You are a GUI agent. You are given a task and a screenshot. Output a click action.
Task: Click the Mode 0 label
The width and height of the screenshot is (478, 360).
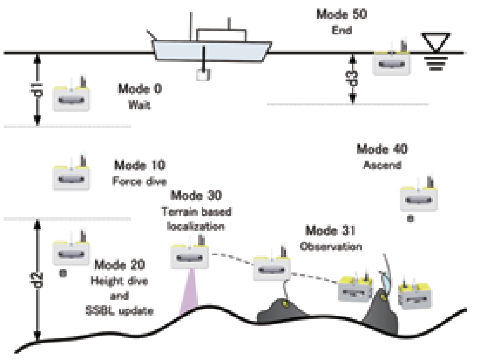tap(140, 89)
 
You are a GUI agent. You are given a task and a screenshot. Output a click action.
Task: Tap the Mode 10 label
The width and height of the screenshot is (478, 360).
tap(140, 166)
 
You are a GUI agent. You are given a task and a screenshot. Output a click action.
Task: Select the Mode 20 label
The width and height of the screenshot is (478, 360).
tap(119, 265)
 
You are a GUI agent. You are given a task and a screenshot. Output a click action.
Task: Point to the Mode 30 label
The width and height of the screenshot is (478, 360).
tap(196, 195)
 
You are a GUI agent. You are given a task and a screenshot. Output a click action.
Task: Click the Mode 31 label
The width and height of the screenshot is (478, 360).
tap(330, 230)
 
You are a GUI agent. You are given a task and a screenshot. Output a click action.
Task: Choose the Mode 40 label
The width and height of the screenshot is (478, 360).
tap(382, 149)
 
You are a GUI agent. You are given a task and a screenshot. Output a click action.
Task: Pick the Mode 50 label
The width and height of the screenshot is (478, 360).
tap(342, 14)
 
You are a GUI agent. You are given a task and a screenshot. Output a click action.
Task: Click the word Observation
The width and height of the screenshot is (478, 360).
tap(331, 247)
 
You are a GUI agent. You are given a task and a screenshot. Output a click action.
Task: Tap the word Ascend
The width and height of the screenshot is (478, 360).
tap(382, 165)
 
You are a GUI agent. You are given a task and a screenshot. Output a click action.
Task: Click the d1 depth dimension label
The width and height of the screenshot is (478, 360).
tap(38, 90)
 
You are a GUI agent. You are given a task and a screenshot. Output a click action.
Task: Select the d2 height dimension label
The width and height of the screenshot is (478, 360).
tap(38, 280)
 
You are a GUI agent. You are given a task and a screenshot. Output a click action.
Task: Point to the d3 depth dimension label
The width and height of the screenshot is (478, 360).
tap(353, 78)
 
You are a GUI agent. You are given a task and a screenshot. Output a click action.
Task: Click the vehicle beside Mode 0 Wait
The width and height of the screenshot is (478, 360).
tap(72, 94)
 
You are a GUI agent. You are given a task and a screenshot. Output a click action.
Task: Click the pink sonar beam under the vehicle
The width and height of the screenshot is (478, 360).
tap(189, 289)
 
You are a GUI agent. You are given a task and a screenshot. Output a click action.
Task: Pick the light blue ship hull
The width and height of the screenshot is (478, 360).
tap(212, 51)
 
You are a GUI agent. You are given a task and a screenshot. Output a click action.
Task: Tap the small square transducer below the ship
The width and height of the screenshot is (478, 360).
tap(204, 75)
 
